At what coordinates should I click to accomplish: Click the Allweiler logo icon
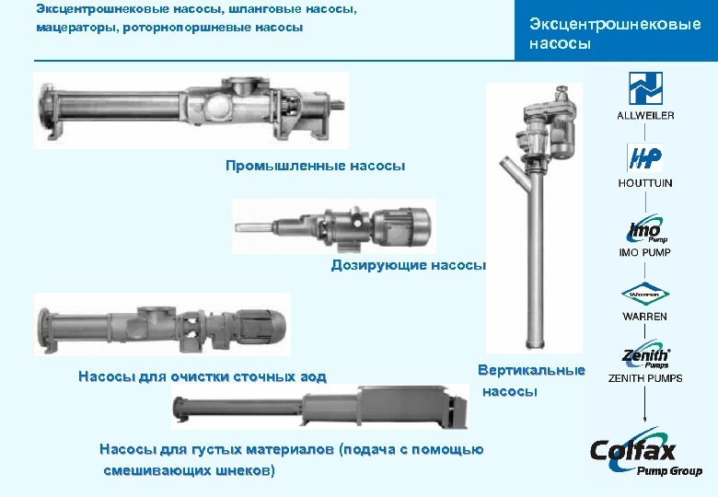click(645, 88)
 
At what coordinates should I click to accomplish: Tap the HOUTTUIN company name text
click(645, 183)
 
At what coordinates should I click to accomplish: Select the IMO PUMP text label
click(645, 252)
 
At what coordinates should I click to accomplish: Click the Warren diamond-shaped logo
click(645, 295)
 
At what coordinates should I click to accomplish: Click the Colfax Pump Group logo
click(645, 455)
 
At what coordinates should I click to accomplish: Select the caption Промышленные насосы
click(315, 166)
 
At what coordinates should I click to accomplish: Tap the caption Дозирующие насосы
click(408, 266)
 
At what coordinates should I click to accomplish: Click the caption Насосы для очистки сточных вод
click(202, 376)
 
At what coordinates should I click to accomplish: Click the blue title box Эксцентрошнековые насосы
click(615, 34)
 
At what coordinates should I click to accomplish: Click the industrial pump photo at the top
click(191, 110)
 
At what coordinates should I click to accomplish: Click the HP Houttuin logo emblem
click(645, 157)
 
